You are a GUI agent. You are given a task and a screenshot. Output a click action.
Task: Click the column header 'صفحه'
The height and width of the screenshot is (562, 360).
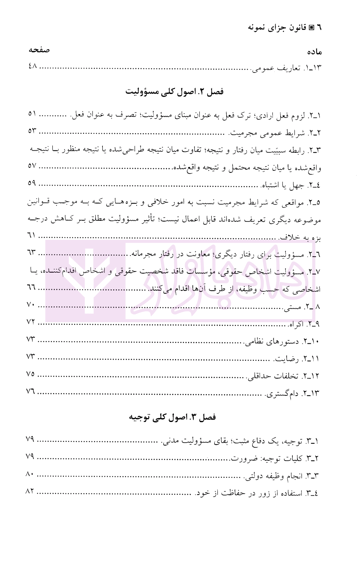pyautogui.click(x=39, y=50)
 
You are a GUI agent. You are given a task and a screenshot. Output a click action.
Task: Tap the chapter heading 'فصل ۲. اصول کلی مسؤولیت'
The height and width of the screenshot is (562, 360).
pyautogui.click(x=175, y=92)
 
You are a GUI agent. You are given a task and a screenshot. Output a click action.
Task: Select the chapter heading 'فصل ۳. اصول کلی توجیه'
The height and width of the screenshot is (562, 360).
pyautogui.click(x=173, y=417)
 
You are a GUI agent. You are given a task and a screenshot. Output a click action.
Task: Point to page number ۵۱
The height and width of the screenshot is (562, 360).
pyautogui.click(x=32, y=114)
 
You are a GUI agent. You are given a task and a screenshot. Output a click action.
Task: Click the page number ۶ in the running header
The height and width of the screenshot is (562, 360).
pyautogui.click(x=319, y=27)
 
